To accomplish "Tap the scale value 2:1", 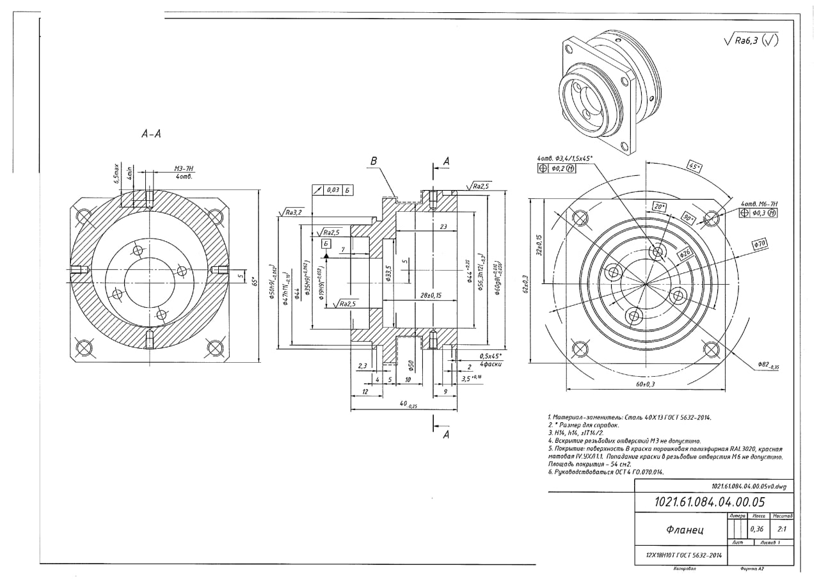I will tap(781, 530).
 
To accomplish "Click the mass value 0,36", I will tap(757, 530).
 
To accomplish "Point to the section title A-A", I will tap(150, 134).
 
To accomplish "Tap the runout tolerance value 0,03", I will tap(332, 190).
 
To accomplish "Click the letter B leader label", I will tap(372, 162).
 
